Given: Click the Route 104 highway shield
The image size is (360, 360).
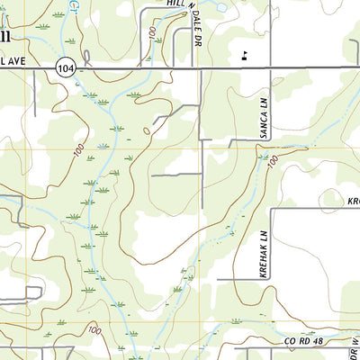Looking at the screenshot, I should [64, 67].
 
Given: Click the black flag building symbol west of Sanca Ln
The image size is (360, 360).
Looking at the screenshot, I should [243, 55].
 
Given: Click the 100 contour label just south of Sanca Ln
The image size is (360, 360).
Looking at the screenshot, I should [272, 160].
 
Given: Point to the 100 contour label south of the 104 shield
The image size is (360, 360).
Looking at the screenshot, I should [80, 149].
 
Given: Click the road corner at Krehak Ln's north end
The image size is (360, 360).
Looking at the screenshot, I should [272, 209].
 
